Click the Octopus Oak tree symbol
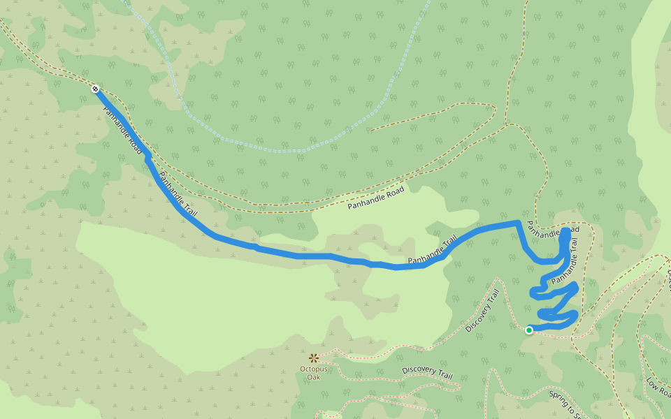(313, 358)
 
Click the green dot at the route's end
(529, 330)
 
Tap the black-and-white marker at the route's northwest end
(94, 89)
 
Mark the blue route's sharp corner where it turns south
(517, 223)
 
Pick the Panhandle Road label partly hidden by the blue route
(552, 230)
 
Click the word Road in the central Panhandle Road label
(394, 191)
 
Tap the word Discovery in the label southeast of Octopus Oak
(419, 371)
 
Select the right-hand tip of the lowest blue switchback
(575, 316)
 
